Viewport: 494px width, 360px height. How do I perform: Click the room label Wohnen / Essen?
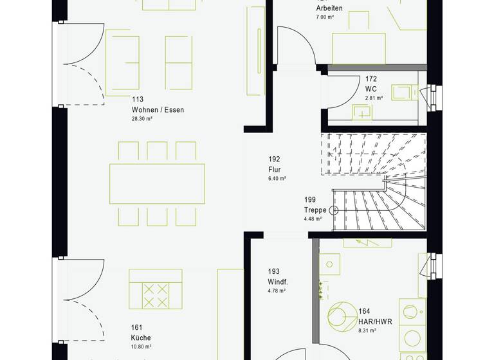158,110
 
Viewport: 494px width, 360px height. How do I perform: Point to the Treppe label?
315,210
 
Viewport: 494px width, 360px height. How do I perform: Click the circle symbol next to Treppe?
334,210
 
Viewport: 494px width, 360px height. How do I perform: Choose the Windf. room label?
278,282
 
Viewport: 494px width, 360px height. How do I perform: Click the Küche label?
140,337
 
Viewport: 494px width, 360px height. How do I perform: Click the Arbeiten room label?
329,8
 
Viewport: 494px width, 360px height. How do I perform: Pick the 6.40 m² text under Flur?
277,178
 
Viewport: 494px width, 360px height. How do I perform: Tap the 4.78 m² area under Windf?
277,291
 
